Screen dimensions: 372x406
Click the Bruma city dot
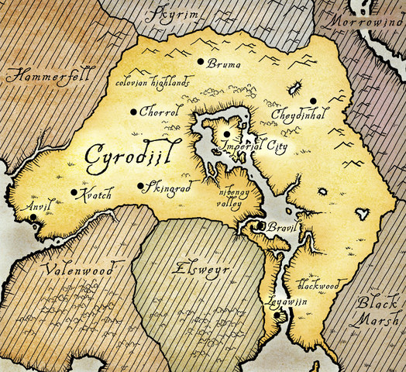pos(201,61)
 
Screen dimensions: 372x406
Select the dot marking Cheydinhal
pos(313,101)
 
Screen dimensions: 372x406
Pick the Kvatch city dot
pos(74,192)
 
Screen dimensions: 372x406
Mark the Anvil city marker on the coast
pos(33,223)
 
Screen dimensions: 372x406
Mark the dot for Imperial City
pos(226,133)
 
